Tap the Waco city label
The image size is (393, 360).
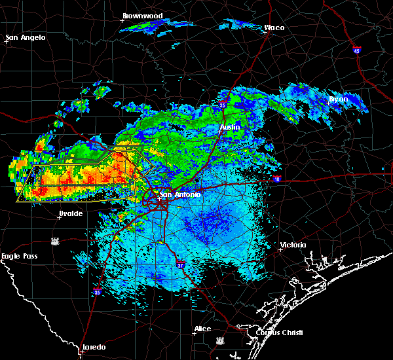tap(274, 28)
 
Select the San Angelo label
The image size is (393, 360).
tap(26, 37)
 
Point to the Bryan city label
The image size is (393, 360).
tap(339, 99)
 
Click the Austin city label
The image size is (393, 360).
tap(230, 126)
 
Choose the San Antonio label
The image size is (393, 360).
tap(179, 194)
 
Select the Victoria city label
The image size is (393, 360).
tap(293, 245)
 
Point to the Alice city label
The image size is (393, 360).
tap(202, 329)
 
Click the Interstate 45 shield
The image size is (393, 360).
tap(357, 50)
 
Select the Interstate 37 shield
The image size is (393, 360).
tap(181, 264)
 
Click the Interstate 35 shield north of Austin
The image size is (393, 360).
tap(223, 104)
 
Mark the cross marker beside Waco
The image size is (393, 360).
tap(266, 33)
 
